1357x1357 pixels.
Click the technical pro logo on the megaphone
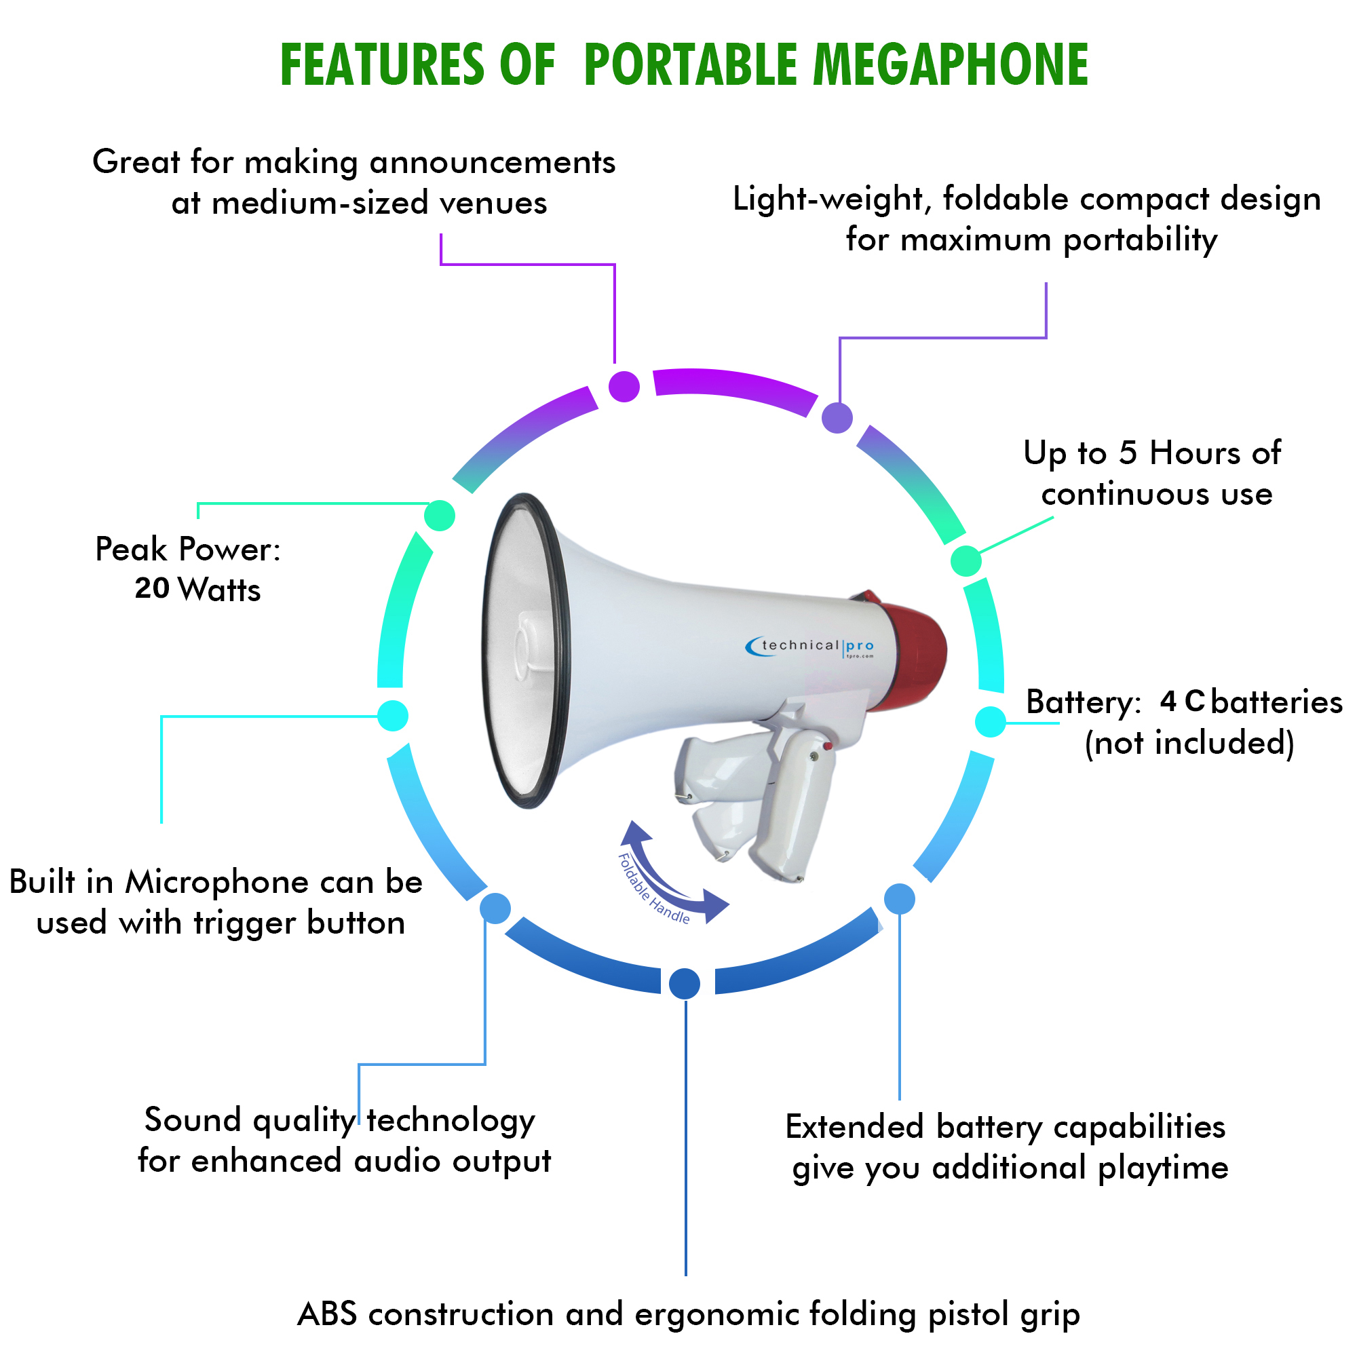pyautogui.click(x=809, y=646)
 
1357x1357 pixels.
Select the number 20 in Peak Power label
pyautogui.click(x=152, y=588)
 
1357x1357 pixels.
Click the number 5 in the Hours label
pyautogui.click(x=1127, y=453)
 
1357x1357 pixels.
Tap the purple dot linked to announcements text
pyautogui.click(x=624, y=386)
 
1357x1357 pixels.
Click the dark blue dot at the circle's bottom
pyautogui.click(x=685, y=982)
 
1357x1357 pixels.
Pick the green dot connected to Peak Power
pyautogui.click(x=440, y=516)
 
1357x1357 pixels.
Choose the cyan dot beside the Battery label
pyautogui.click(x=991, y=722)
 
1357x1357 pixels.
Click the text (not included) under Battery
pyautogui.click(x=1189, y=743)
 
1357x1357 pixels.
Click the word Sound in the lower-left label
pyautogui.click(x=193, y=1120)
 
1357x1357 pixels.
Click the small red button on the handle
pyautogui.click(x=828, y=746)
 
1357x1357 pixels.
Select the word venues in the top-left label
pyautogui.click(x=493, y=204)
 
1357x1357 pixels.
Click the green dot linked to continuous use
pyautogui.click(x=966, y=560)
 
